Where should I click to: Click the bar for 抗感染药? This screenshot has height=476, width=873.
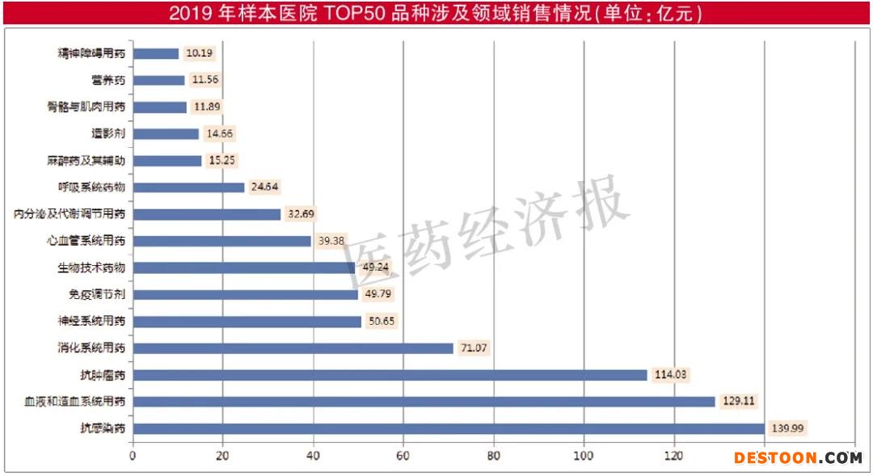[449, 428]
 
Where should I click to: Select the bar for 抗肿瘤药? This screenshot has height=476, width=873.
[390, 375]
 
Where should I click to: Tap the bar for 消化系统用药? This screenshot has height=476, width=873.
[293, 348]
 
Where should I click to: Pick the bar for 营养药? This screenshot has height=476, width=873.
[158, 80]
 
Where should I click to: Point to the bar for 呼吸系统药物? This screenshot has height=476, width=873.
[188, 187]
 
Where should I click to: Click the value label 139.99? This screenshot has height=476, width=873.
[790, 428]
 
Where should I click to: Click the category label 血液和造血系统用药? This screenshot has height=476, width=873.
[75, 402]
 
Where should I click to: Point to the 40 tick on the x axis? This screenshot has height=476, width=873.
[313, 455]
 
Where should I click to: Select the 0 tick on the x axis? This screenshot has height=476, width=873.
[133, 455]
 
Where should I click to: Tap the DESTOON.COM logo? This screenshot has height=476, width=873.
[798, 458]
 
